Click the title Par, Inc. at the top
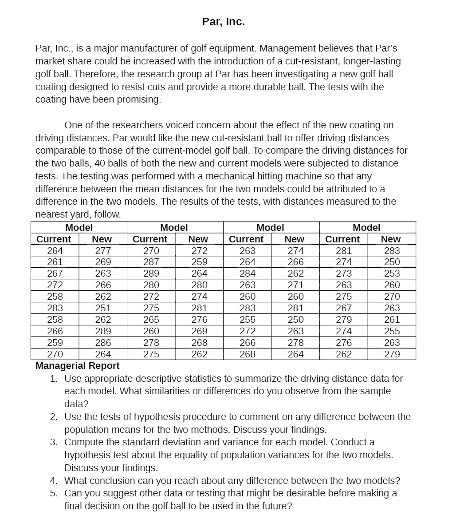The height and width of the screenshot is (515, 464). [x=223, y=22]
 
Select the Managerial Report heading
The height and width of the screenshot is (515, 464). [x=77, y=366]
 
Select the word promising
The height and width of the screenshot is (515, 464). [x=139, y=99]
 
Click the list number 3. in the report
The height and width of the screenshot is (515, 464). [x=54, y=442]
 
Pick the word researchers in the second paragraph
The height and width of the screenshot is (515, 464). [x=135, y=125]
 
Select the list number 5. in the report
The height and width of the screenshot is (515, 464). [x=54, y=493]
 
